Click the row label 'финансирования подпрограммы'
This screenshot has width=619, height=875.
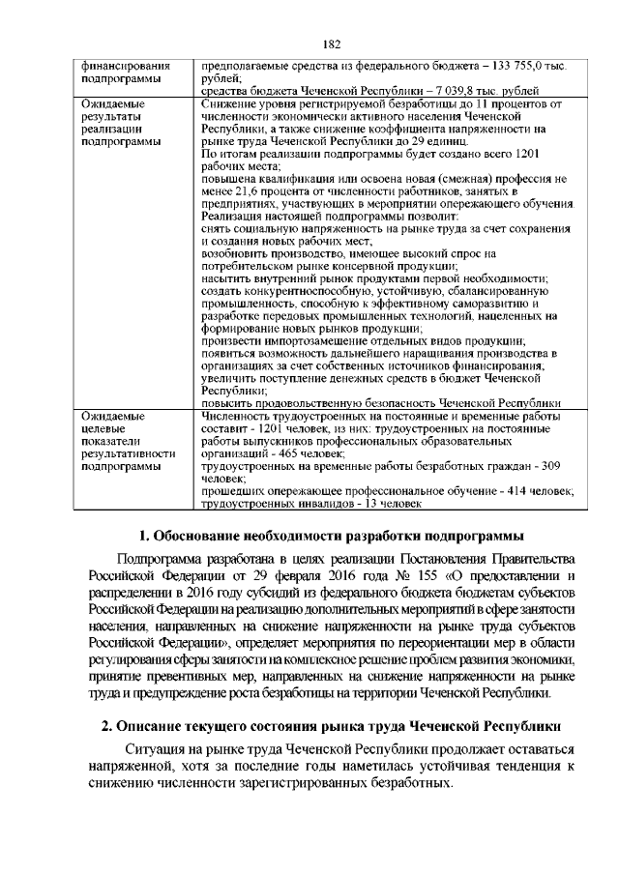(114, 73)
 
